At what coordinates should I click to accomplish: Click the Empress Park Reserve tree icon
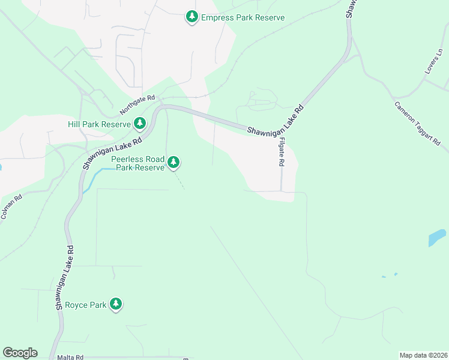click(x=191, y=17)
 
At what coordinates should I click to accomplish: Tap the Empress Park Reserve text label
click(x=243, y=17)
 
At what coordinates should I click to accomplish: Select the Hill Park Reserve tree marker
click(x=140, y=124)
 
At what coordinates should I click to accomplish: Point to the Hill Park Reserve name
click(x=99, y=124)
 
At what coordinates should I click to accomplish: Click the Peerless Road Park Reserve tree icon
click(x=173, y=161)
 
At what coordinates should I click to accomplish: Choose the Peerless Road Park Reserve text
click(x=137, y=163)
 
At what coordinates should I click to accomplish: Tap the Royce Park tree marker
click(x=116, y=304)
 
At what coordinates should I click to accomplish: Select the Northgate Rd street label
click(x=137, y=105)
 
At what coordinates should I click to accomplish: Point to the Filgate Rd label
click(x=281, y=150)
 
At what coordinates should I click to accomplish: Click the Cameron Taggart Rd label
click(x=418, y=124)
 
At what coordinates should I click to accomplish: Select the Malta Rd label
click(x=70, y=356)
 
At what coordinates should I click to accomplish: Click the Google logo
click(x=20, y=353)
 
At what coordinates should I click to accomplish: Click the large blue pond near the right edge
click(x=437, y=238)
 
